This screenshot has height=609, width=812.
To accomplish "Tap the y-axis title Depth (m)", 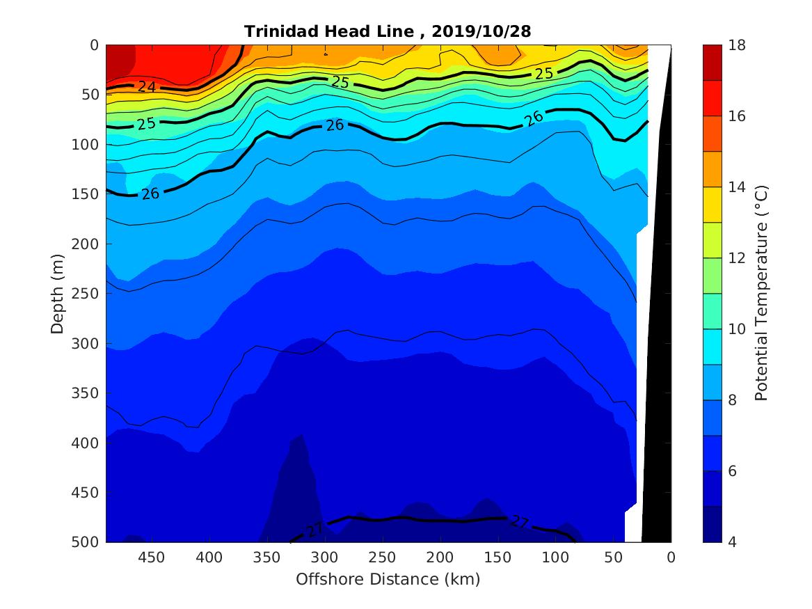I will pyautogui.click(x=58, y=293).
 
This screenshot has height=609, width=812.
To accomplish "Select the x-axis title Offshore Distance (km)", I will pyautogui.click(x=388, y=579).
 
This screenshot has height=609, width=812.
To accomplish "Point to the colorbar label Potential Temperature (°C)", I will pyautogui.click(x=761, y=293).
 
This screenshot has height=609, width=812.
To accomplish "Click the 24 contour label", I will pyautogui.click(x=146, y=87).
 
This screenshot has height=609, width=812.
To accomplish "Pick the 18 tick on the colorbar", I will pyautogui.click(x=738, y=45).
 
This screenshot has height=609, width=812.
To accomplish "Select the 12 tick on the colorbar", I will pyautogui.click(x=738, y=258).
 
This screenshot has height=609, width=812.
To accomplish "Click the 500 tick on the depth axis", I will pyautogui.click(x=87, y=542).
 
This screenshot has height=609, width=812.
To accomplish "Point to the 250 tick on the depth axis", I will pyautogui.click(x=87, y=294).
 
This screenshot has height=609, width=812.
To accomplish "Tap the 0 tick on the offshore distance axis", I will pyautogui.click(x=671, y=557).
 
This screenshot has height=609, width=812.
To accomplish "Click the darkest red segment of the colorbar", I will pyautogui.click(x=713, y=62).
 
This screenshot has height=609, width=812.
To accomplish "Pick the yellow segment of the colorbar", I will pyautogui.click(x=713, y=205).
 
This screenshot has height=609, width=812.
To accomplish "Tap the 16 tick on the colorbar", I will pyautogui.click(x=738, y=116).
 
